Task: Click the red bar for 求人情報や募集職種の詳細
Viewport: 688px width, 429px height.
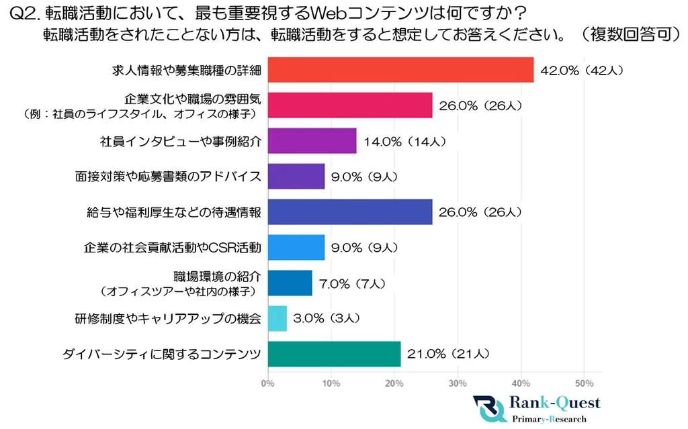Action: coord(400,70)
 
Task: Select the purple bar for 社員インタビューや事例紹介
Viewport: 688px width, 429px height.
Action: coord(312,141)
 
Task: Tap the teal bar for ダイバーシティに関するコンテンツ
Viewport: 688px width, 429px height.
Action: coord(334,354)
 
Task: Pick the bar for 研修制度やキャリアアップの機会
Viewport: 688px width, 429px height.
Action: coord(277,318)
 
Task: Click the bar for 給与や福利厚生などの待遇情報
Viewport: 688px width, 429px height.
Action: coord(350,212)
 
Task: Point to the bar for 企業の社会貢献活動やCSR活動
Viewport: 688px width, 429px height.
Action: coord(296,248)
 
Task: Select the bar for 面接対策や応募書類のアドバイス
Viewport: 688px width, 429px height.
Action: coord(296,177)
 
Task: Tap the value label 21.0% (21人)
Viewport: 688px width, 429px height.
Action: coord(446,354)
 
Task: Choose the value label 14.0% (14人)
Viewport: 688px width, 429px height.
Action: coord(402,142)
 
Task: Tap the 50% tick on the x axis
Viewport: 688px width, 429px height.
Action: coord(584,383)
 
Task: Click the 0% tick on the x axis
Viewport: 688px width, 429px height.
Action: coord(267,383)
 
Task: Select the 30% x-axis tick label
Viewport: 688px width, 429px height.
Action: coord(458,383)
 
